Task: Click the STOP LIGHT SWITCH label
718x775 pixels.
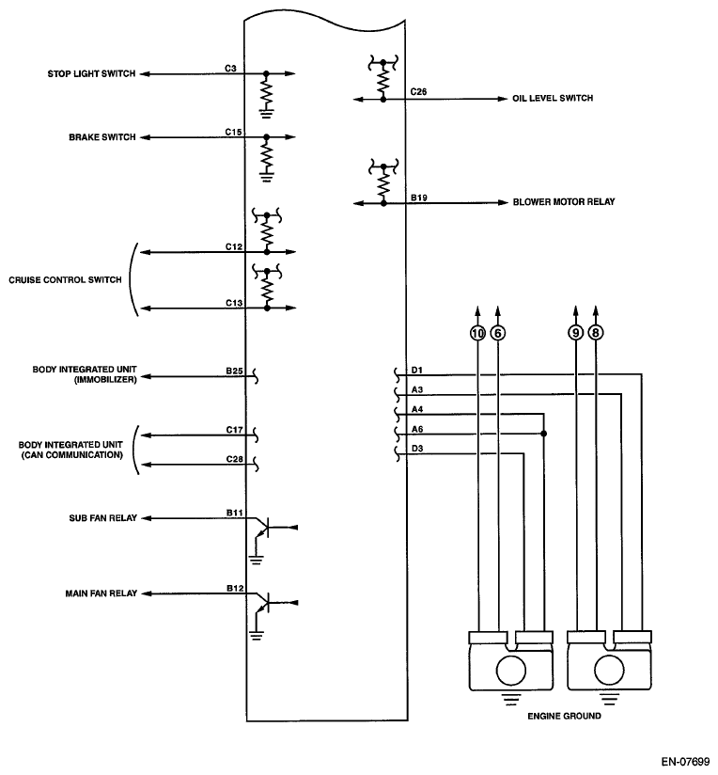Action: coord(91,73)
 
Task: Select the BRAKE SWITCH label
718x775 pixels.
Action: coord(102,137)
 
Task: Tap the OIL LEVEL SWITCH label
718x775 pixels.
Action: coord(553,98)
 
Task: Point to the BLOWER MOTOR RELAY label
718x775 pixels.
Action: coord(564,201)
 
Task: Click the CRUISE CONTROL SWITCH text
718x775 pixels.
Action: coord(65,279)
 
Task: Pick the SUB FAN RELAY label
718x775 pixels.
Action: coord(102,518)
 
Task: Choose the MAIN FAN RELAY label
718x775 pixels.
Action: coord(101,593)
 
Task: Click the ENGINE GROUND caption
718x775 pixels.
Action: coord(565,716)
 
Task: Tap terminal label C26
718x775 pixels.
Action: coord(418,91)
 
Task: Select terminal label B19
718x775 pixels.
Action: coord(419,198)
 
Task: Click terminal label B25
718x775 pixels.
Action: coord(235,371)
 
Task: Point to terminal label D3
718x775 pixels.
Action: coord(417,449)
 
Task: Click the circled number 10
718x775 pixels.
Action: coord(477,333)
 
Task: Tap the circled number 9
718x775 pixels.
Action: coord(575,333)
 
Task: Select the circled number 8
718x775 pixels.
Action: coord(596,333)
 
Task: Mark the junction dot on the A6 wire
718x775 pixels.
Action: coord(544,434)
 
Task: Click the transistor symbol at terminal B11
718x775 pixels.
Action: coord(261,528)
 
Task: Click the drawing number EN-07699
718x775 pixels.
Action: coord(685,761)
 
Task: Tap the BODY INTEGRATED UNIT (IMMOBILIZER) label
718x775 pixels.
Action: coord(85,374)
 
